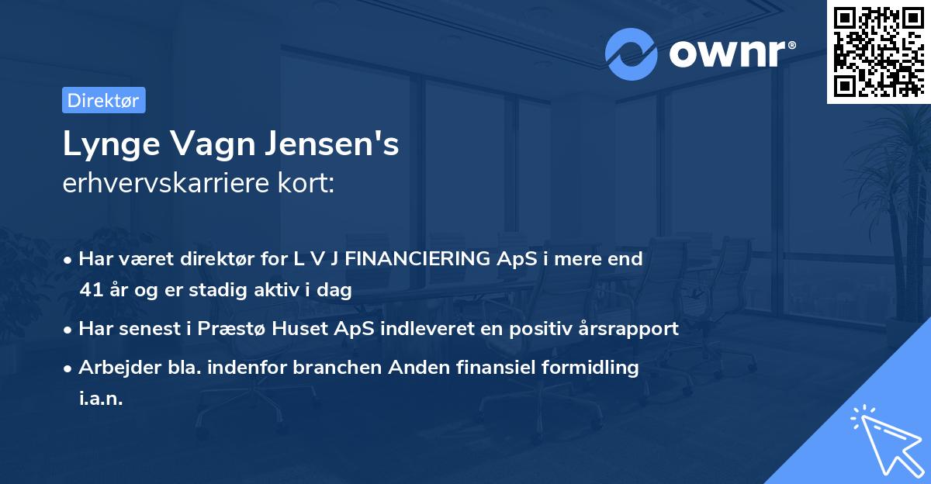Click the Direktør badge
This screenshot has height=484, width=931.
click(103, 100)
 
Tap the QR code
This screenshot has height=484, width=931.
click(878, 51)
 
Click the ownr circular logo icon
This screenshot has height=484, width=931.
click(631, 55)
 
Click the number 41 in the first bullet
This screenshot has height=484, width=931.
click(89, 291)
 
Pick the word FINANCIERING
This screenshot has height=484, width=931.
click(418, 259)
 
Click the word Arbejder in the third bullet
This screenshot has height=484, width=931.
click(113, 367)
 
